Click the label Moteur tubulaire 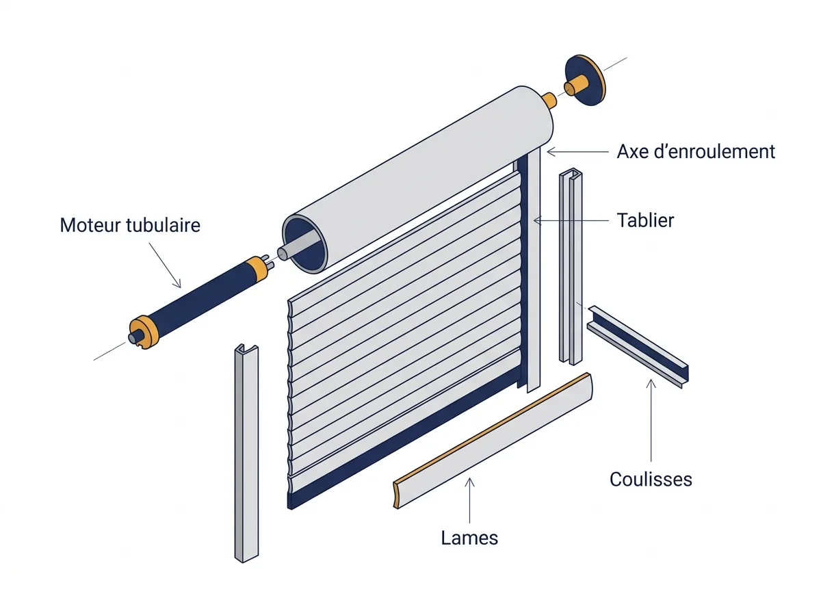[130, 225]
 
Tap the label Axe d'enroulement [696, 151]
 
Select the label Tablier [645, 220]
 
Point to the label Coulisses [651, 479]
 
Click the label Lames [469, 538]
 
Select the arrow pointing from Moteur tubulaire [165, 265]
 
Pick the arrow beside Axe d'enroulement [577, 152]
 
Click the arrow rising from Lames [470, 500]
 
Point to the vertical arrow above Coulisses [651, 420]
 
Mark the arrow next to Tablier [571, 221]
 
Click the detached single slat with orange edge [493, 441]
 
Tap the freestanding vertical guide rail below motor [246, 453]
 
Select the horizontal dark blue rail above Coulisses [638, 347]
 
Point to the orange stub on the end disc [575, 86]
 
